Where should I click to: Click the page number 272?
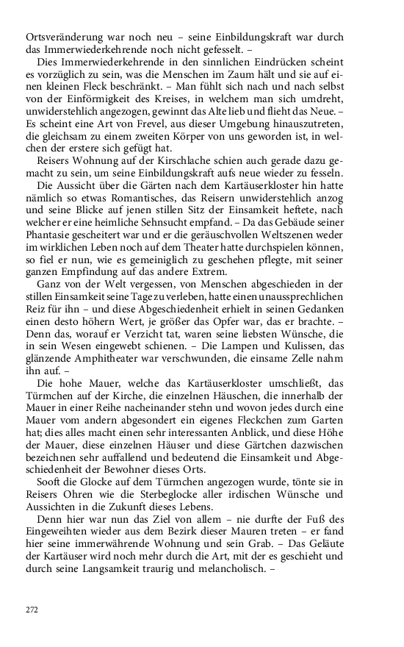click(x=32, y=610)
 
